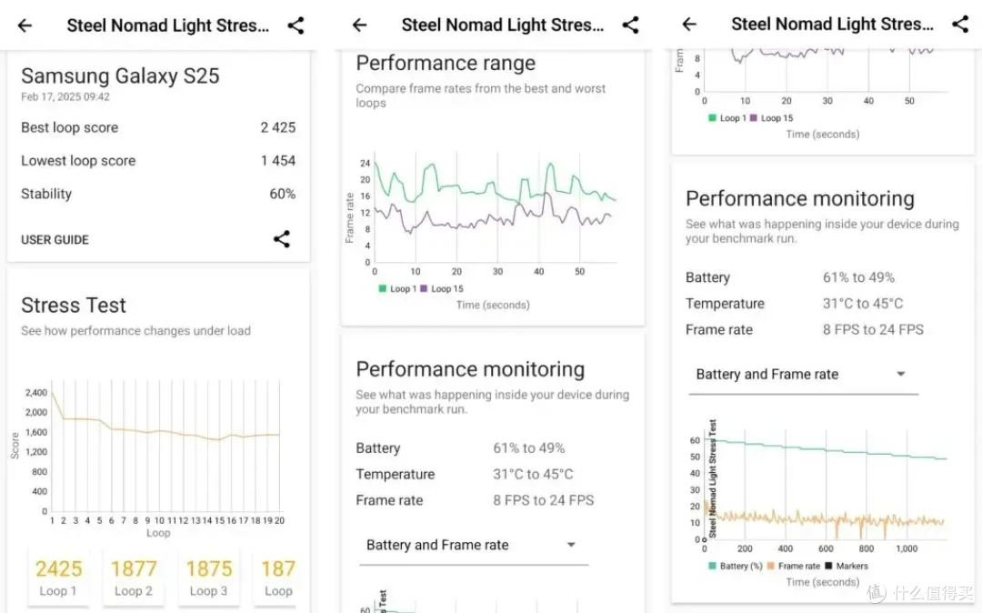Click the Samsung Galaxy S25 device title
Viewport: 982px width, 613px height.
pos(120,75)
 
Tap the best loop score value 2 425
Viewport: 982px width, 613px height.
pos(278,127)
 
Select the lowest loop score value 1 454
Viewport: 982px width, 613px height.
pos(278,161)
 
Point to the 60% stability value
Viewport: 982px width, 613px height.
pos(283,194)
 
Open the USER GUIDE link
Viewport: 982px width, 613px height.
pos(55,240)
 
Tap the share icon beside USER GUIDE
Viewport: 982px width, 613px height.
pos(282,238)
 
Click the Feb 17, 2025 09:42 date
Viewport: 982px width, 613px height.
pos(65,97)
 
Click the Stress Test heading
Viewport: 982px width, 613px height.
pos(74,305)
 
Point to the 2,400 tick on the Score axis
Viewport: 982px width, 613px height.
pos(36,393)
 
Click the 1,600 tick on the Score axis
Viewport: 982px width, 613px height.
pos(36,432)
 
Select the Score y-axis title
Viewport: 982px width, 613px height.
pos(15,445)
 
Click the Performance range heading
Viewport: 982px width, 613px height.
pos(446,64)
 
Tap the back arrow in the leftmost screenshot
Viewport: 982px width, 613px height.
pos(25,25)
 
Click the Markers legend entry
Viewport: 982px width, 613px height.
pos(847,566)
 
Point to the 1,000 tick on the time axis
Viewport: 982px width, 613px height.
pos(907,548)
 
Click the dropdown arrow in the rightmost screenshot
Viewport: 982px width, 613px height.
pos(900,374)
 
